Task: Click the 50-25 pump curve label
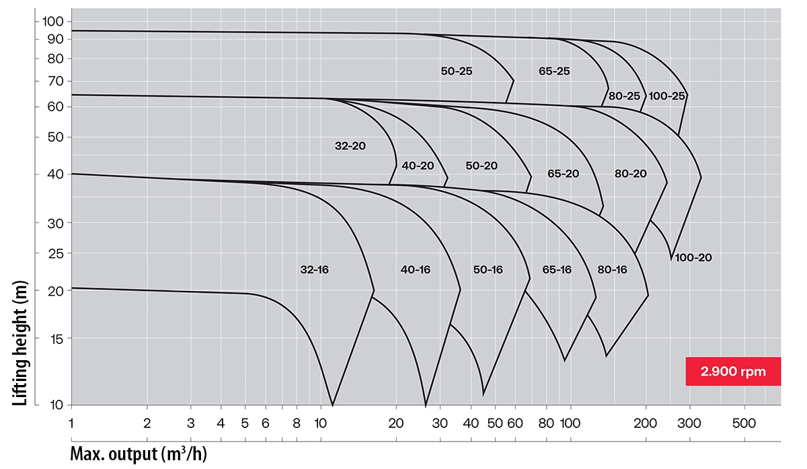457,71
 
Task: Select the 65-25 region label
554,71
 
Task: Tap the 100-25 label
666,96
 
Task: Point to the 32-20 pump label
350,145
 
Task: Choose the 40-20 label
418,166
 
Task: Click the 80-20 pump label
630,173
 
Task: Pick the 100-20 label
693,257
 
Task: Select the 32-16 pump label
314,269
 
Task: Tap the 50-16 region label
488,269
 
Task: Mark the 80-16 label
612,269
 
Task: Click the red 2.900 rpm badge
733,371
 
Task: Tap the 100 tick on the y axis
53,22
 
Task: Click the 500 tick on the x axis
744,423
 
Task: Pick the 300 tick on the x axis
689,423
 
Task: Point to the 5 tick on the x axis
245,423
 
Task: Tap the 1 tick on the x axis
71,423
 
